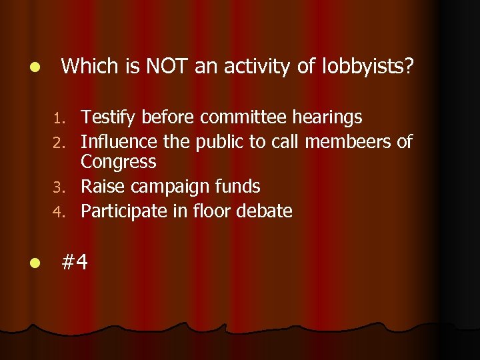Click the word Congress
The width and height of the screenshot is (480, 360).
[x=119, y=162]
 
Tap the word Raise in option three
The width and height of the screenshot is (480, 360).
[x=102, y=187]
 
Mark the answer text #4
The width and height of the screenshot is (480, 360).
[x=75, y=263]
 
